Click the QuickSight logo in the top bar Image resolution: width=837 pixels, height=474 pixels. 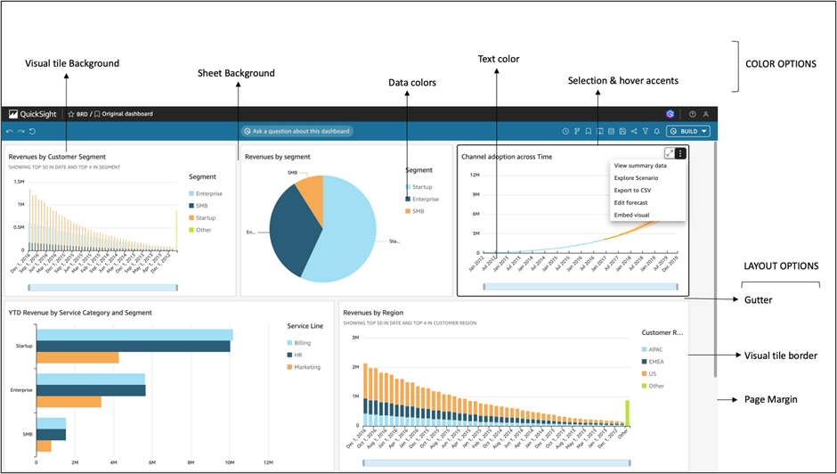point(33,114)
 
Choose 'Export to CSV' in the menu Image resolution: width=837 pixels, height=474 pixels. point(632,190)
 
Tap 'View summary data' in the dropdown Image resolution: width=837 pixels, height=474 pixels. point(640,166)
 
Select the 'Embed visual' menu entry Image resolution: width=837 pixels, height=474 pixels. point(631,215)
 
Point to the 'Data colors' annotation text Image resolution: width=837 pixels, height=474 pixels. point(411,83)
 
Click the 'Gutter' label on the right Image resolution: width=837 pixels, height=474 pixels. point(760,300)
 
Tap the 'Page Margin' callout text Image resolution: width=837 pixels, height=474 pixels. point(770,400)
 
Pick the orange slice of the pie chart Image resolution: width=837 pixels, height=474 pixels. point(309,189)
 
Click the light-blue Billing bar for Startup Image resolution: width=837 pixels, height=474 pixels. point(134,335)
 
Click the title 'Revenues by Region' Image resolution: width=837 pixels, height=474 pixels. point(374,313)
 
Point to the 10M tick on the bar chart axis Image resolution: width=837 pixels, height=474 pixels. point(229,462)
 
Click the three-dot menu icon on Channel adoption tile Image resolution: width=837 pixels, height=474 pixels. point(680,153)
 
